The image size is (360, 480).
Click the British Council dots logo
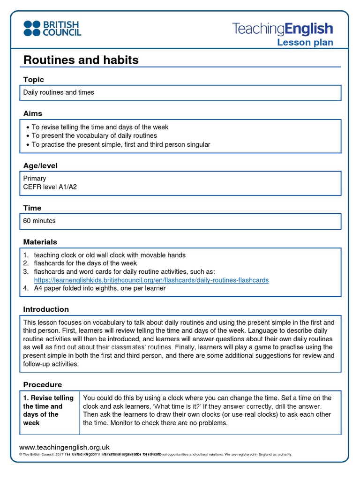[x=32, y=28]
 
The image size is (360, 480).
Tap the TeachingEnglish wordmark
[x=283, y=29]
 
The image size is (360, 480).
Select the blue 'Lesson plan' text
[x=305, y=43]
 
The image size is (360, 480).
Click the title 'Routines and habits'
[x=81, y=60]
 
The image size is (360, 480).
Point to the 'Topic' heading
[x=33, y=80]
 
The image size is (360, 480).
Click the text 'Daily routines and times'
[x=59, y=92]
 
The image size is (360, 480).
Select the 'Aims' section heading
[x=33, y=113]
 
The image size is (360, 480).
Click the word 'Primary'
[x=35, y=179]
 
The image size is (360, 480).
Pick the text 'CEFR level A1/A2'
[x=50, y=187]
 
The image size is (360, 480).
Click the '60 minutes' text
[x=39, y=221]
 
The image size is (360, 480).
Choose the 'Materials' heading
[x=40, y=242]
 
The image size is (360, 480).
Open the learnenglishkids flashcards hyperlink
[x=151, y=280]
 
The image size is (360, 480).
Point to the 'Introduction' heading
[x=46, y=309]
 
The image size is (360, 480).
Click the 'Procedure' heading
[x=43, y=384]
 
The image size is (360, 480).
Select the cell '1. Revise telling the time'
[x=49, y=410]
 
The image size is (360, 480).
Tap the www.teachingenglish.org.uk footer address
[x=64, y=448]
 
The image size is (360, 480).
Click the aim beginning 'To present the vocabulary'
[x=94, y=136]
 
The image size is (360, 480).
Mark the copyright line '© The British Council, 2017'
[x=41, y=455]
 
